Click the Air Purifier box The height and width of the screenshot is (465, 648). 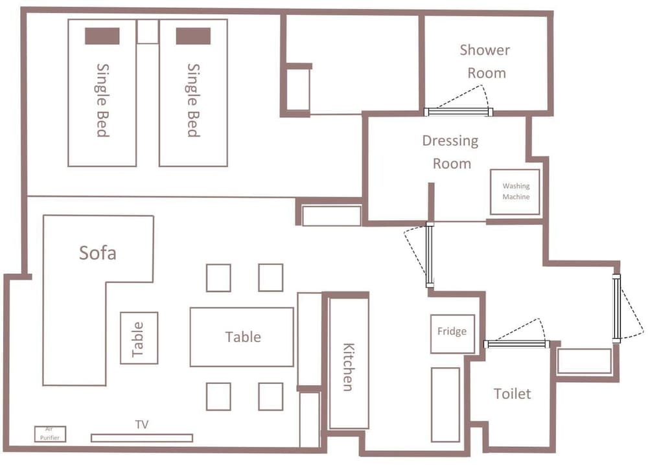tap(50, 434)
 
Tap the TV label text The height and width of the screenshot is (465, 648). tap(142, 425)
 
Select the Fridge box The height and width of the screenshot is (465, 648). tap(452, 334)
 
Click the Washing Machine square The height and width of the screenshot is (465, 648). tap(515, 192)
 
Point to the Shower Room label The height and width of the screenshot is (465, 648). tap(485, 61)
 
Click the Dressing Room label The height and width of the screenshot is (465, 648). tap(451, 152)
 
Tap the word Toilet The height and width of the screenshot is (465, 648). tap(512, 394)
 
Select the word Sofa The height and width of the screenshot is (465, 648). tap(98, 253)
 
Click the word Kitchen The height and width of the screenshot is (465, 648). tap(349, 367)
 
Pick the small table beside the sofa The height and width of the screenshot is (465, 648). tap(139, 338)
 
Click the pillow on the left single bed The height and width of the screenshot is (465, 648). tap(102, 36)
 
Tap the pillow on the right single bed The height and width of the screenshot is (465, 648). tap(193, 36)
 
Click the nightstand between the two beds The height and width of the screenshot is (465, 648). tap(148, 31)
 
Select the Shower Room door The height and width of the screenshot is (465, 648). tap(458, 112)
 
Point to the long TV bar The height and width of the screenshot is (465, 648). tap(142, 438)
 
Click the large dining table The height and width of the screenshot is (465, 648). tap(242, 337)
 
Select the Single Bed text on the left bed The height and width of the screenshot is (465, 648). tap(102, 100)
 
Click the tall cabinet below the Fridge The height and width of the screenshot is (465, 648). tap(446, 405)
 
